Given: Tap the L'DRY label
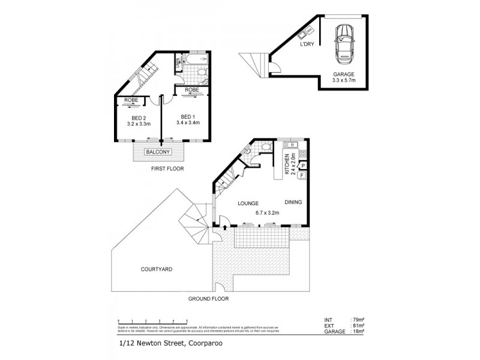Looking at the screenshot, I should click(307, 44).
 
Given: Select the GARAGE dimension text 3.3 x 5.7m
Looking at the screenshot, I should click(344, 80).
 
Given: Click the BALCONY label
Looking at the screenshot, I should click(158, 152).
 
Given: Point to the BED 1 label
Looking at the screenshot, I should click(187, 116).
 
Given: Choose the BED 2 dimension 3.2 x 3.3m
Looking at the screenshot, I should click(139, 124).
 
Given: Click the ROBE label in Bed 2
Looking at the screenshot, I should click(131, 100).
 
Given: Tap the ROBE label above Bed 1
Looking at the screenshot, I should click(192, 90).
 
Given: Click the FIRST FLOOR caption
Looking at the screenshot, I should click(167, 169).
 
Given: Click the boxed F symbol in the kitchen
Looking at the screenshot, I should click(301, 176).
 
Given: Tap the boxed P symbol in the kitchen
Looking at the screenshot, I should click(302, 165).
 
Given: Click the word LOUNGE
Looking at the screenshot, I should click(247, 203).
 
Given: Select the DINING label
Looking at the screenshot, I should click(293, 202).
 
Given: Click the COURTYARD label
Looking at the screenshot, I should click(157, 269).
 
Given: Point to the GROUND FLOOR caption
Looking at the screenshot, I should click(209, 298).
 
